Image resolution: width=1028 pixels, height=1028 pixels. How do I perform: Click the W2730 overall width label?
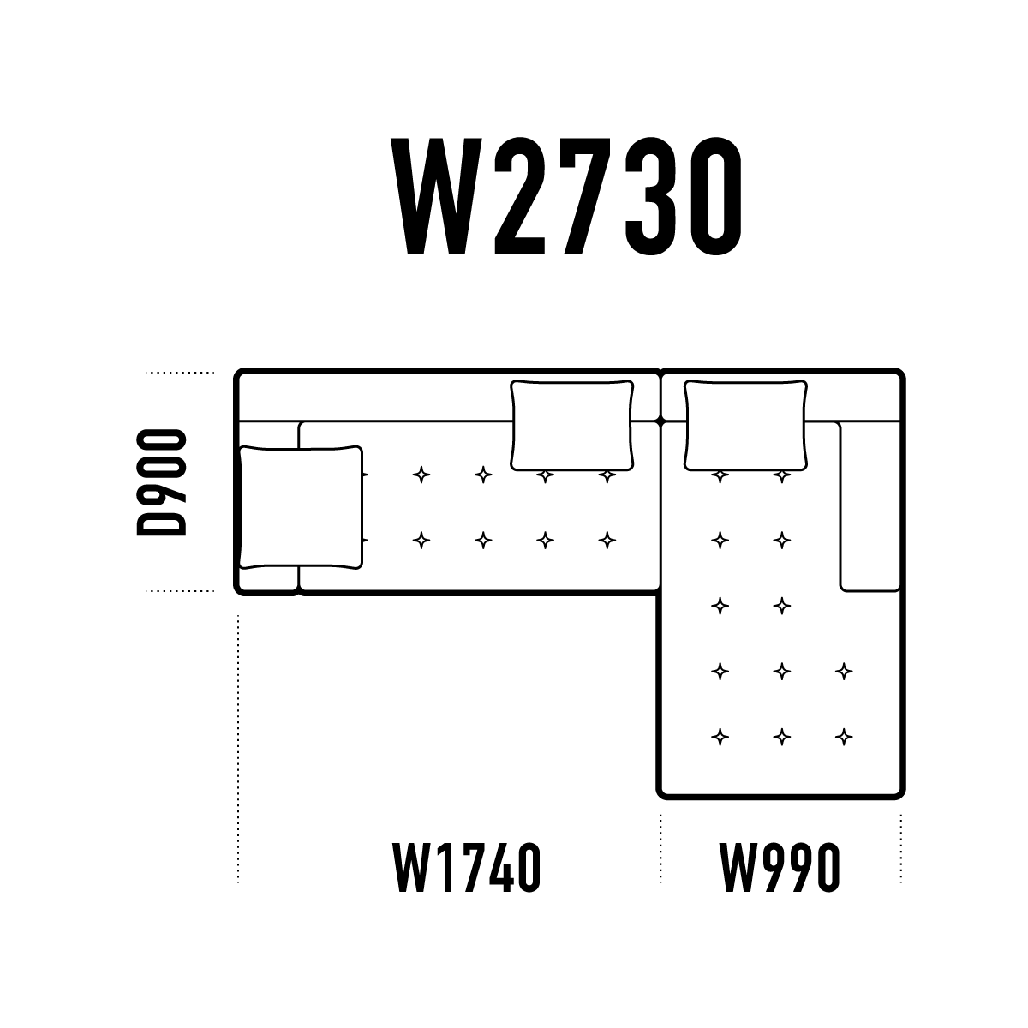pyautogui.click(x=566, y=196)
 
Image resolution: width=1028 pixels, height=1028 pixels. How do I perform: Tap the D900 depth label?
pyautogui.click(x=162, y=482)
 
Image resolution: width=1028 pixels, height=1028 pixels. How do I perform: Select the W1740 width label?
pyautogui.click(x=468, y=867)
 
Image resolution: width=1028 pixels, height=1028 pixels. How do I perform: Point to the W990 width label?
pyautogui.click(x=780, y=867)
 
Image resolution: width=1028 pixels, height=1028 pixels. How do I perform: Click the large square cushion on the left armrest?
pyautogui.click(x=301, y=507)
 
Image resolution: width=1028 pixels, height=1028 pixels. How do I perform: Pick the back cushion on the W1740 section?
pyautogui.click(x=572, y=425)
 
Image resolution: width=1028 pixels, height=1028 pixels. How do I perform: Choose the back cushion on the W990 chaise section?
pyautogui.click(x=745, y=425)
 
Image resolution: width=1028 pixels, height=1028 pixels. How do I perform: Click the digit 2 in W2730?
pyautogui.click(x=520, y=196)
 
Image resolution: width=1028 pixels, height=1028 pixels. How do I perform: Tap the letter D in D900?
pyautogui.click(x=162, y=521)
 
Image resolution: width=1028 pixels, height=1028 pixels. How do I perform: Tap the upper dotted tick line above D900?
pyautogui.click(x=180, y=373)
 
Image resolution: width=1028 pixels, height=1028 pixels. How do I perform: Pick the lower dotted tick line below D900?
pyautogui.click(x=180, y=590)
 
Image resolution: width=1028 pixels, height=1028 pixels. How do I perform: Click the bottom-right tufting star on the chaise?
pyautogui.click(x=844, y=737)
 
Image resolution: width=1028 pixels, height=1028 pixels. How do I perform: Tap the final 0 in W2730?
pyautogui.click(x=715, y=196)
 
